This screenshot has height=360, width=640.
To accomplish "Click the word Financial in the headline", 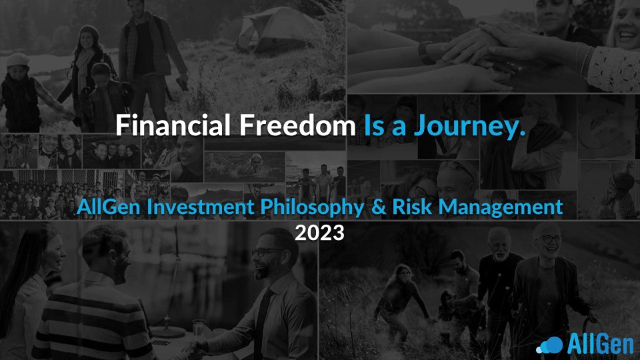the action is [173, 125].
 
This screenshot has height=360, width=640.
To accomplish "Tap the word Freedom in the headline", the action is [297, 125].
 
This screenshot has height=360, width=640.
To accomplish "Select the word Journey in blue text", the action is [469, 127].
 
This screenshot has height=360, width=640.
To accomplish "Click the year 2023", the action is [319, 233].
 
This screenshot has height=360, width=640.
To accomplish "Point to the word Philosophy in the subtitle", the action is [312, 207].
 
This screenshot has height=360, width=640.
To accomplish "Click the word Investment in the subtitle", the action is [201, 207].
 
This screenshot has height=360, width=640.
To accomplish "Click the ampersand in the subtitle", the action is [379, 207].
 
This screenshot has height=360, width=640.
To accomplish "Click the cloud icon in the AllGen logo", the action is [550, 345].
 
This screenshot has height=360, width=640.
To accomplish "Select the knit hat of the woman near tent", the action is [89, 33].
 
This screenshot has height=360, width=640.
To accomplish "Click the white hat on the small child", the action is [17, 59].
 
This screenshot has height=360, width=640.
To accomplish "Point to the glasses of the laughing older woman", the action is [551, 239].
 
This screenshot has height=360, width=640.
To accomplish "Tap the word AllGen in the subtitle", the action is [109, 207].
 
